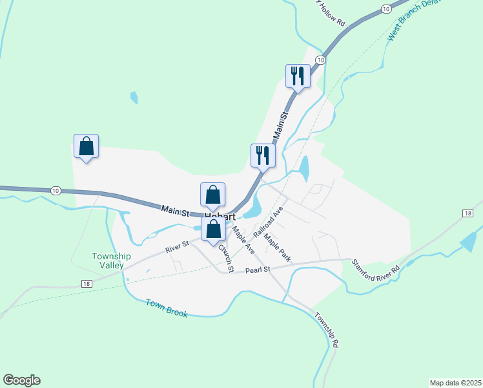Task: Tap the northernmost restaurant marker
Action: pos(298,76)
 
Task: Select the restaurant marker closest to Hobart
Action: pos(263,155)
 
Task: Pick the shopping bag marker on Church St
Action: pos(214,229)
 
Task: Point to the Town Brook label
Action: pos(166,308)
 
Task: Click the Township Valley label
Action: pos(112,261)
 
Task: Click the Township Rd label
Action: pos(327,330)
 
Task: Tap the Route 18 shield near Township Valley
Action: pos(86,283)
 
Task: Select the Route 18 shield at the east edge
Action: pos(468,213)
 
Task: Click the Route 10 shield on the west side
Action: pos(56,190)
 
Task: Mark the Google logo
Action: pos(21,380)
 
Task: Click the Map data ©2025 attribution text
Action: pos(455,383)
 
